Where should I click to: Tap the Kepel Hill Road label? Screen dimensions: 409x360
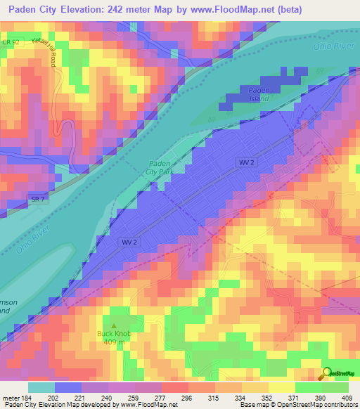click(x=49, y=48)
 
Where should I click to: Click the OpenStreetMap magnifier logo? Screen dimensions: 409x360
click(x=326, y=374)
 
